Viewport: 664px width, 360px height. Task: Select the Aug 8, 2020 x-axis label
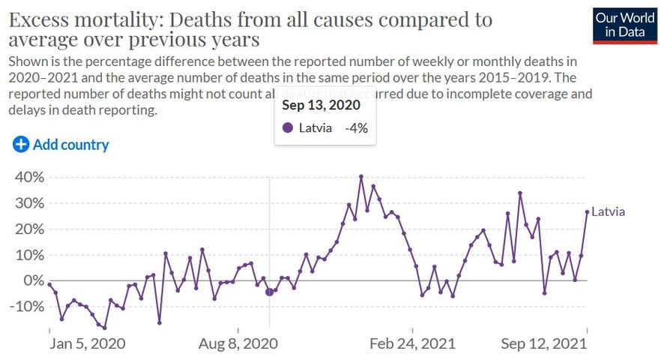[238, 343]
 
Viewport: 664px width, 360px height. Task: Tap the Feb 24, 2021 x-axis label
[413, 343]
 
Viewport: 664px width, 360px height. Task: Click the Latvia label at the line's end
[608, 212]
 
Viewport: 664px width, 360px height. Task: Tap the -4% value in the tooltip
[356, 128]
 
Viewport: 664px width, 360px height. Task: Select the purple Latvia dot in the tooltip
[288, 128]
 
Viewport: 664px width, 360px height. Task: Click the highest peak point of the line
[361, 176]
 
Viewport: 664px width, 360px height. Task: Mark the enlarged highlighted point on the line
[270, 291]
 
